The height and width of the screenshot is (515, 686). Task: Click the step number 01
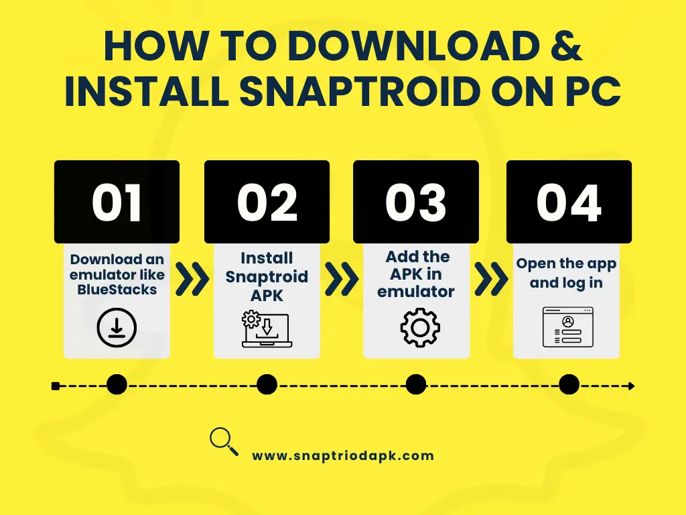point(117,203)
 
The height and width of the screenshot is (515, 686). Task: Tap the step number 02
point(267,203)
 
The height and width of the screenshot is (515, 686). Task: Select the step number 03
point(415,203)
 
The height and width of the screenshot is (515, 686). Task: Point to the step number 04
point(569,203)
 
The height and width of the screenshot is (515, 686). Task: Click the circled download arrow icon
point(117,327)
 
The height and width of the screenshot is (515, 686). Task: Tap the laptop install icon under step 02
point(267,329)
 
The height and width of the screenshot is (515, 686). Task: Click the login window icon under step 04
point(568,327)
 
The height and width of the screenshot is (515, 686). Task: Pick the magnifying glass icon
point(224,441)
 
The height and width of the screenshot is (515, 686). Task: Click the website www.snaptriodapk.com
point(343,456)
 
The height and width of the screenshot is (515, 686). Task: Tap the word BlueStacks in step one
point(117,290)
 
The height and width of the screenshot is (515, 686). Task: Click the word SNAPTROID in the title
point(358,91)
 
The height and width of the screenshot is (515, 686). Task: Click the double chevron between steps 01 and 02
point(192,279)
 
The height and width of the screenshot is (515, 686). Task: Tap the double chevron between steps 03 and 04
point(491,279)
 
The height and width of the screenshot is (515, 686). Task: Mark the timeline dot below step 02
point(267,385)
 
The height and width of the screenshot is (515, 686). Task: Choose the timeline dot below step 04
point(569,385)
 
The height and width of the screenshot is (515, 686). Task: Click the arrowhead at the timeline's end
point(631,386)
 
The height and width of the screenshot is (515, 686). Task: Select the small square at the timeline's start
point(56,386)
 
